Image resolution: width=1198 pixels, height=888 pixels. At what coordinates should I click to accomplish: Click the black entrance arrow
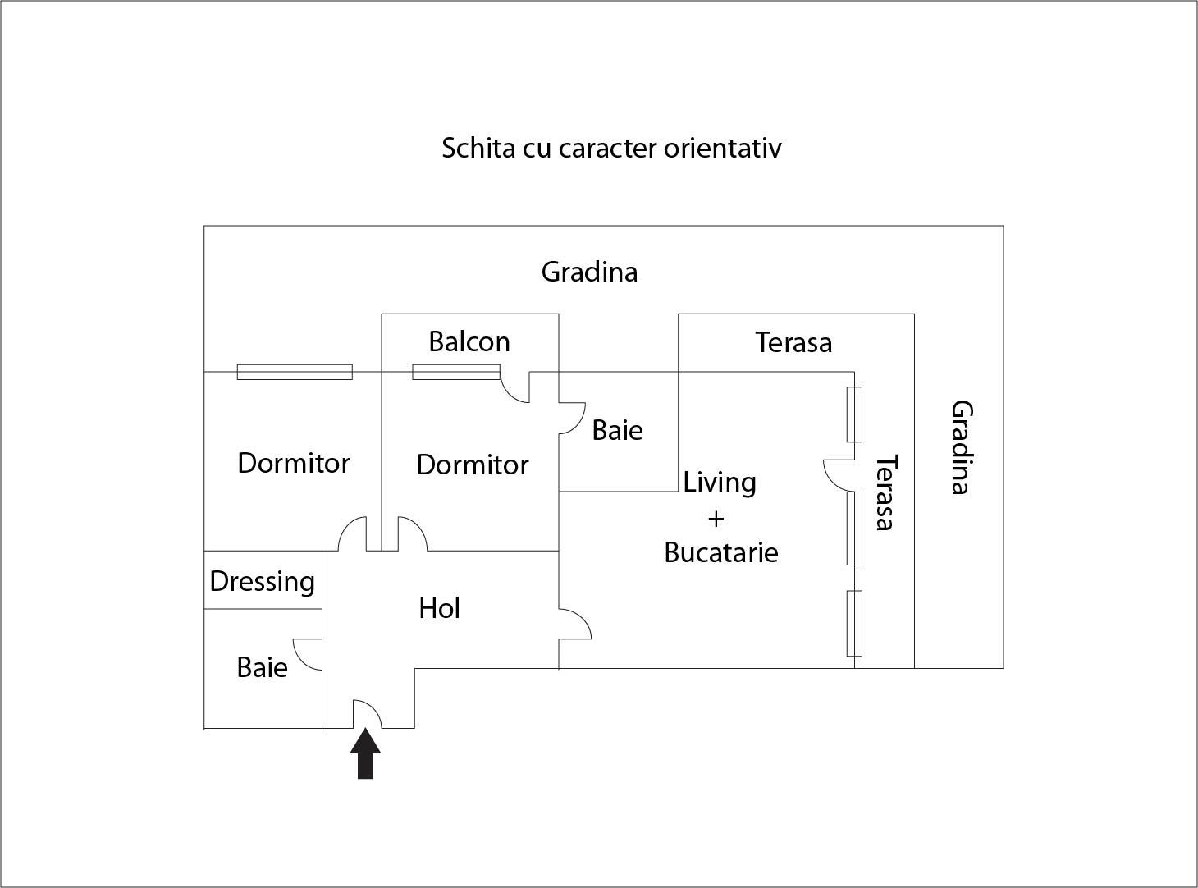[365, 753]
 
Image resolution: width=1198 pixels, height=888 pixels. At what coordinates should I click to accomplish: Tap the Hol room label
[439, 608]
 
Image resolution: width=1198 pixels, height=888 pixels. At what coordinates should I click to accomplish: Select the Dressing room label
[262, 581]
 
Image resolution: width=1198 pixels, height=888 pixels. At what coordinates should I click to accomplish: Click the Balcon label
[469, 341]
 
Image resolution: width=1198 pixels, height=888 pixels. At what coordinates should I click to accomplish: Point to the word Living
[720, 482]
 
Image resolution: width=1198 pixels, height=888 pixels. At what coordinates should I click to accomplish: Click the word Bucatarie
[721, 552]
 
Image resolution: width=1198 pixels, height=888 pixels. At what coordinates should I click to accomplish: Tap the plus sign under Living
[716, 519]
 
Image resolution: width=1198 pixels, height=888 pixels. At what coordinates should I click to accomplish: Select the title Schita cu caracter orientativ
[611, 149]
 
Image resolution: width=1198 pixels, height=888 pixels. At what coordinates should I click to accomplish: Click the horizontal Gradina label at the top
[589, 272]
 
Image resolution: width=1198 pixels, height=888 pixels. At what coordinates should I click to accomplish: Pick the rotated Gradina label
[961, 447]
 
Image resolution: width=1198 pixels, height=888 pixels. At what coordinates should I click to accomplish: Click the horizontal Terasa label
[793, 342]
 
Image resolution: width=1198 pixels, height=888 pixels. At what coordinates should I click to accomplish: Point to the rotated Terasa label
[884, 492]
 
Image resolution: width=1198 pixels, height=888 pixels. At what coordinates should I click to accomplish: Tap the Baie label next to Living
[617, 430]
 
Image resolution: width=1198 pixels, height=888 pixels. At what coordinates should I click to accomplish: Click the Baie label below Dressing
[262, 667]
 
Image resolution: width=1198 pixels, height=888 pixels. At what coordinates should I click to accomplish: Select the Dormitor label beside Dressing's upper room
[294, 463]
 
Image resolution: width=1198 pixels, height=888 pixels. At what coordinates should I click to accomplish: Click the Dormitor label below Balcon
[472, 465]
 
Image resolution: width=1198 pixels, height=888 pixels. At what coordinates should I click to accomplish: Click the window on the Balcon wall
[455, 373]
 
